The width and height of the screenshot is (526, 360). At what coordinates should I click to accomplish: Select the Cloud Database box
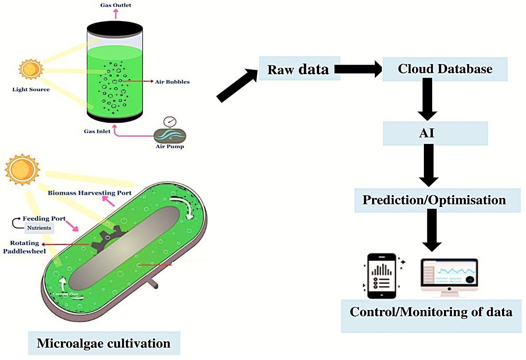pos(445,69)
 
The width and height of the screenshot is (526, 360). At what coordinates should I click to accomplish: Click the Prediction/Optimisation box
pos(434,200)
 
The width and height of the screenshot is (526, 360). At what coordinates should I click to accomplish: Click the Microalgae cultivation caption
pos(103,342)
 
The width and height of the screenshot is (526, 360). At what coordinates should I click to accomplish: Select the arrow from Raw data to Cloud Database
pos(358,69)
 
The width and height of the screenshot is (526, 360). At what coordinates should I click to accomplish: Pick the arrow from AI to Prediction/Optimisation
pos(428,166)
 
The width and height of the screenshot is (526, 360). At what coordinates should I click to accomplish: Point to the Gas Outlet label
pos(116,5)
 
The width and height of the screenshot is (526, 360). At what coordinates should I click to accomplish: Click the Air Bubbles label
pos(172,82)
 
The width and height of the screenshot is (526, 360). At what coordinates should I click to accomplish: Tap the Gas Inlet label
pos(96,131)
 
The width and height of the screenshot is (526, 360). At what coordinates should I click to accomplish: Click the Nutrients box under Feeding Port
pos(39,228)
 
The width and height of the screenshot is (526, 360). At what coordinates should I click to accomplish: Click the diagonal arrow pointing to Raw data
pos(237,86)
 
